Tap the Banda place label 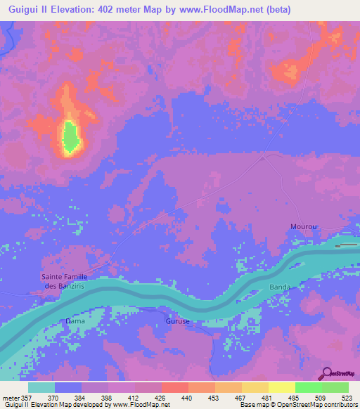tap(280, 287)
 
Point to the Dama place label tap(75, 321)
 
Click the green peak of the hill tap(70, 137)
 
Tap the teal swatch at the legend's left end tap(41, 387)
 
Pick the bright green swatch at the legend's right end tap(335, 387)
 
